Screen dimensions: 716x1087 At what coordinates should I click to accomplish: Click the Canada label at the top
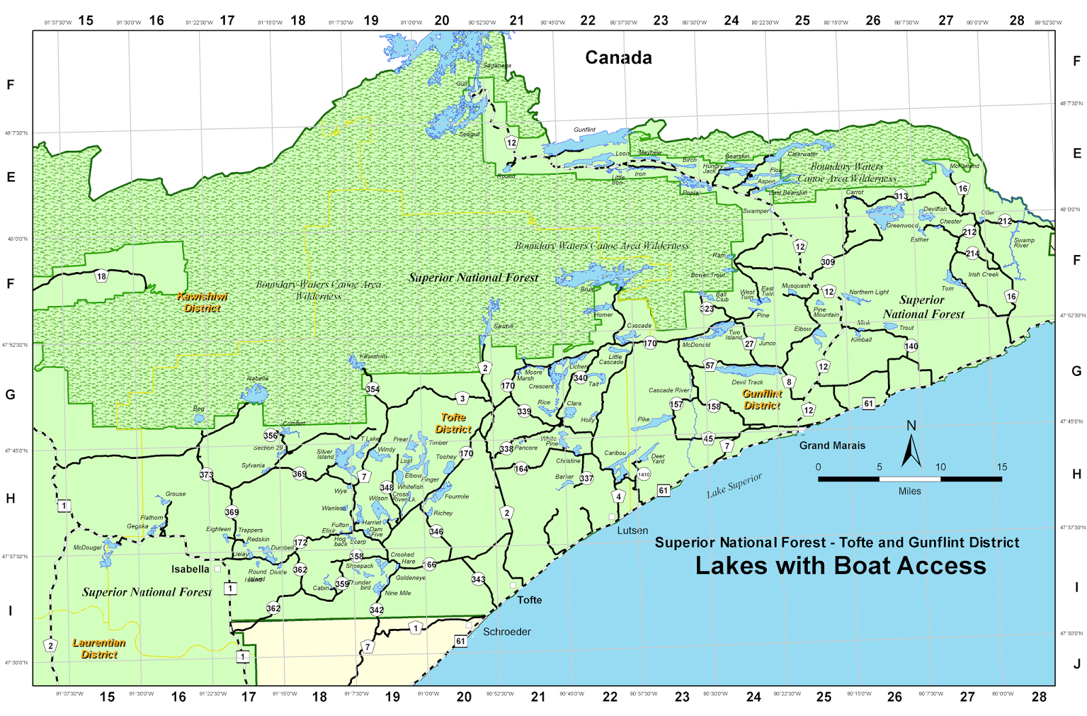click(x=618, y=58)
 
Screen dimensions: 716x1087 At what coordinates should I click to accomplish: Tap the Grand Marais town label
click(x=832, y=445)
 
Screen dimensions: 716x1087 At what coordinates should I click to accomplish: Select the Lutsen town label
click(x=632, y=530)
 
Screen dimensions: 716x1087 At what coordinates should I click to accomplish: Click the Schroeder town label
click(x=507, y=632)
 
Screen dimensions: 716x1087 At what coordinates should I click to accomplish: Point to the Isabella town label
click(x=190, y=569)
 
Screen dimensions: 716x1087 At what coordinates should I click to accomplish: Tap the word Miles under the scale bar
click(x=910, y=491)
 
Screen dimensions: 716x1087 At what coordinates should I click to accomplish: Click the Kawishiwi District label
click(x=202, y=302)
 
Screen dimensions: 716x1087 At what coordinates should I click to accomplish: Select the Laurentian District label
click(x=99, y=648)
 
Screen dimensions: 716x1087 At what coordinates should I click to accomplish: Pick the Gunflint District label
click(x=762, y=399)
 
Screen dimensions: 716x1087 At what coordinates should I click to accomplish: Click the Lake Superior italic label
click(x=734, y=485)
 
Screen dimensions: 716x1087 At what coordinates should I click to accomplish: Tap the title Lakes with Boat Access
click(x=840, y=566)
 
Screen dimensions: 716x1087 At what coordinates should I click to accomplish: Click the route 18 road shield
click(x=101, y=276)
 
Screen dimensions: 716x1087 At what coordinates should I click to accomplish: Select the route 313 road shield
click(x=901, y=197)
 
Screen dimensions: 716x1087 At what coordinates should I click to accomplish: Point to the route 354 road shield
click(x=372, y=389)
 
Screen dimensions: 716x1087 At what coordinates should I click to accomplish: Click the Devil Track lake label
click(x=747, y=382)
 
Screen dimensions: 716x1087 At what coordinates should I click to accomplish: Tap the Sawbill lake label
click(x=503, y=326)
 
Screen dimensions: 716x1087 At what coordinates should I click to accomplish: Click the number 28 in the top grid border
click(x=1017, y=20)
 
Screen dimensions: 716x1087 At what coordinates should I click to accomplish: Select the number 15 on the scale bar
click(x=1002, y=467)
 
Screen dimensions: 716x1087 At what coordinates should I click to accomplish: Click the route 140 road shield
click(x=911, y=346)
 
